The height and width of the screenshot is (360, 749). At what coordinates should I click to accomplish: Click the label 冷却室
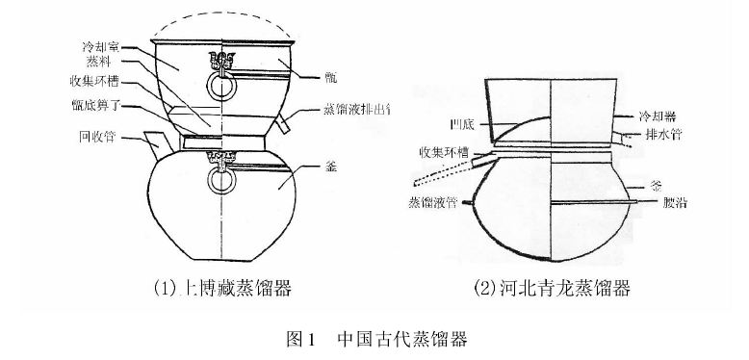[x=102, y=45]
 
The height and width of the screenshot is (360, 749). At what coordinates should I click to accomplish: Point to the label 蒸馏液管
[x=429, y=203]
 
